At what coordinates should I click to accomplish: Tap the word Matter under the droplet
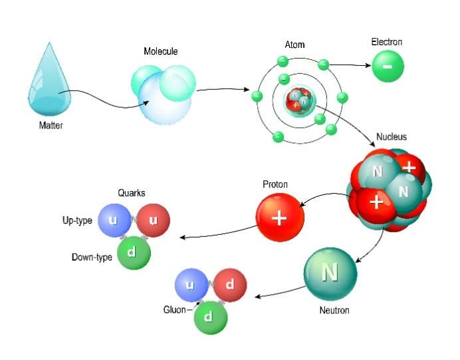click(x=51, y=126)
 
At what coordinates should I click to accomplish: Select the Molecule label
click(x=161, y=51)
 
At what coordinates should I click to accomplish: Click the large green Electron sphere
click(x=388, y=67)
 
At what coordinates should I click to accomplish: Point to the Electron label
click(x=386, y=43)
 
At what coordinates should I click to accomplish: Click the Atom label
click(x=295, y=45)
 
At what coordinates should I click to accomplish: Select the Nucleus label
click(x=392, y=137)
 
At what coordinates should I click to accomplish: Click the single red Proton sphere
click(x=280, y=216)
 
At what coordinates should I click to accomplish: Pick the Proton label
click(x=275, y=184)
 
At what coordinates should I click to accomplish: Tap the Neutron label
click(x=334, y=310)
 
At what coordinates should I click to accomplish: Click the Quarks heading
click(x=132, y=194)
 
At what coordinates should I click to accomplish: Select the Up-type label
click(x=77, y=221)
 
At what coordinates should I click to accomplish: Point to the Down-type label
click(x=92, y=258)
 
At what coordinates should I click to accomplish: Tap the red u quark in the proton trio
click(x=154, y=221)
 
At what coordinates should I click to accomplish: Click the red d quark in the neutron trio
click(x=230, y=285)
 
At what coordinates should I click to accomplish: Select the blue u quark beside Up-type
click(x=114, y=221)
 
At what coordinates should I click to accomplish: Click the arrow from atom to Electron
click(x=349, y=65)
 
